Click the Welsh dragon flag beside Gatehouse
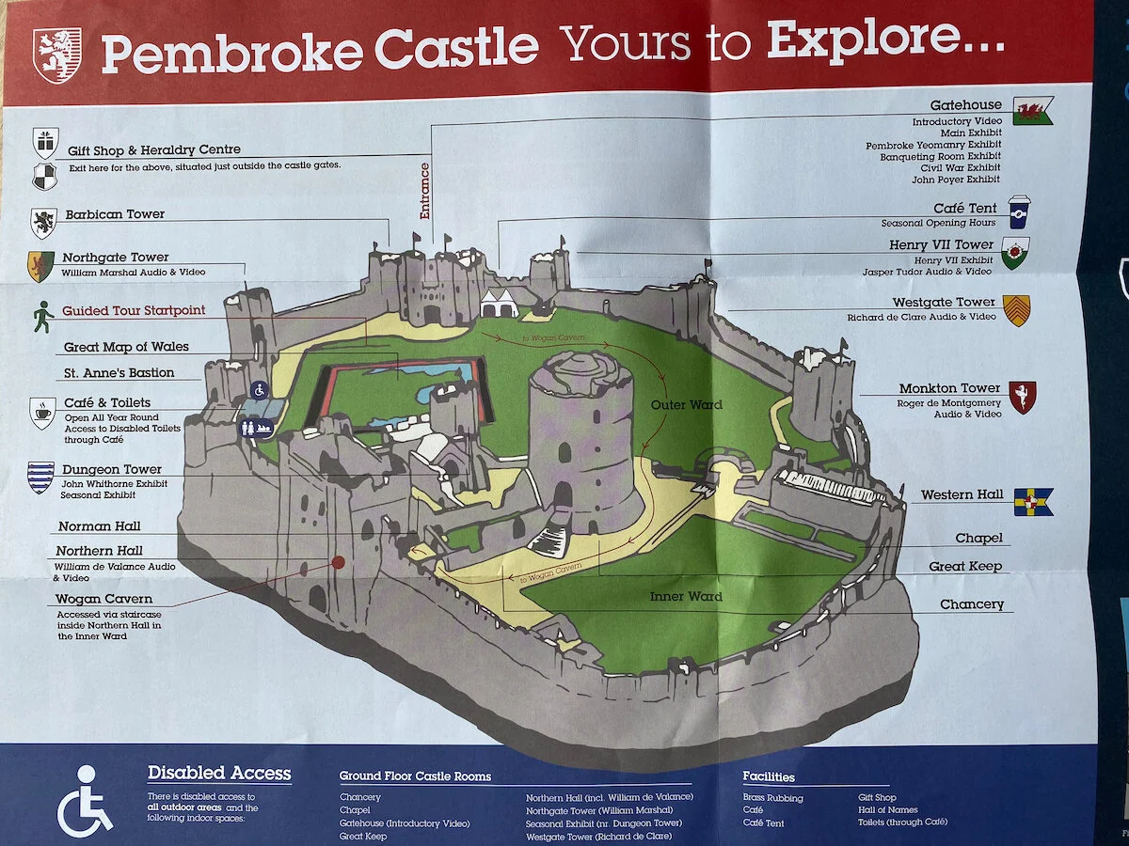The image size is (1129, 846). click(1032, 111)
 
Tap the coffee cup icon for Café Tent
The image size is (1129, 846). click(1019, 211)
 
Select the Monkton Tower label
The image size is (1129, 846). click(948, 388)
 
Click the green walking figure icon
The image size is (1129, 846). click(42, 316)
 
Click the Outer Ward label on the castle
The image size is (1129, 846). click(687, 405)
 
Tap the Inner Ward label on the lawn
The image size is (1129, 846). click(686, 596)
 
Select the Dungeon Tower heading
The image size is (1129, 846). click(112, 469)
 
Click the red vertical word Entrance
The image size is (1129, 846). click(424, 191)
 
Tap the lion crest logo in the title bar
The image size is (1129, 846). click(57, 54)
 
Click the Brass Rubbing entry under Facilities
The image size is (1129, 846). click(772, 798)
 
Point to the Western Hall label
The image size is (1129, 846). click(962, 494)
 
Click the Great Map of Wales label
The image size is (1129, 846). click(126, 347)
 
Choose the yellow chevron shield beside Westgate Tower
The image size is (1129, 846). click(1016, 309)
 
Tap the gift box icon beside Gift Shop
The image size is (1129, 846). click(44, 143)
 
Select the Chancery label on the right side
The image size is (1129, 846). click(972, 604)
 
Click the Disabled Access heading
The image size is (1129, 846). click(219, 774)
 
